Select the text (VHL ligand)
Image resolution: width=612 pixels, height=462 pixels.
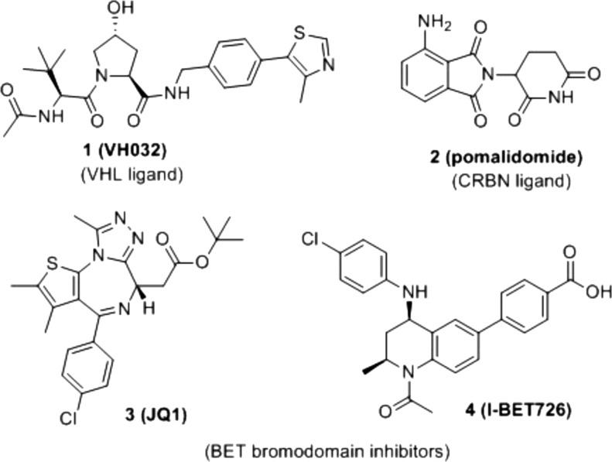(131, 174)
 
